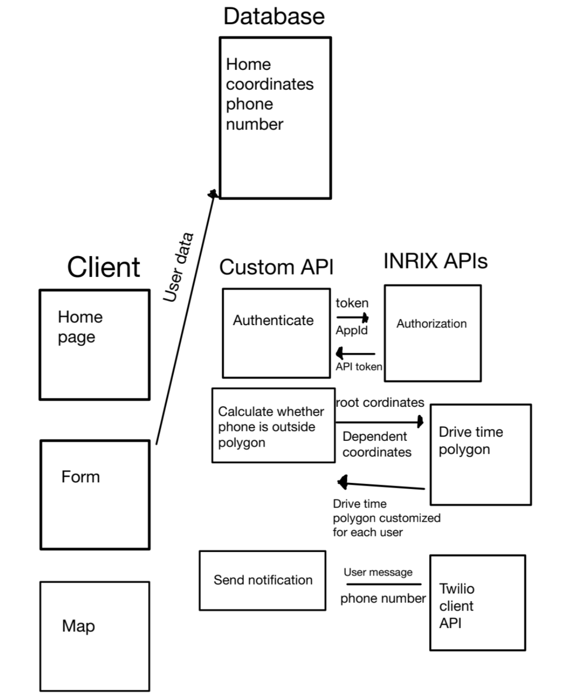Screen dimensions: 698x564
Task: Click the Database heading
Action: pyautogui.click(x=274, y=16)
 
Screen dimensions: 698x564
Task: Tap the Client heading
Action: pyautogui.click(x=103, y=267)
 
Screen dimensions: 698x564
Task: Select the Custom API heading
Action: pyautogui.click(x=276, y=267)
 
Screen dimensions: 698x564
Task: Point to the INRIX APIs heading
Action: pyautogui.click(x=435, y=261)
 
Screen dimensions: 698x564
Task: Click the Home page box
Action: pyautogui.click(x=94, y=345)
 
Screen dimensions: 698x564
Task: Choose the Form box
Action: pyautogui.click(x=95, y=495)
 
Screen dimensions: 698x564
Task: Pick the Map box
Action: pyautogui.click(x=94, y=636)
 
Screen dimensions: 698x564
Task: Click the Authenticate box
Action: pyautogui.click(x=276, y=333)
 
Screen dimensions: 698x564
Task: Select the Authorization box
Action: pyautogui.click(x=433, y=333)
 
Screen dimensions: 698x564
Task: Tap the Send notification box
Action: pyautogui.click(x=263, y=580)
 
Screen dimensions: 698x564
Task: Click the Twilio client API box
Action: pyautogui.click(x=477, y=603)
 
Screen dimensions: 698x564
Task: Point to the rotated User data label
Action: pyautogui.click(x=178, y=267)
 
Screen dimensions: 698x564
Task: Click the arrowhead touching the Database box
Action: pyautogui.click(x=214, y=194)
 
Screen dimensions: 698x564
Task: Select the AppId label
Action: pyautogui.click(x=351, y=330)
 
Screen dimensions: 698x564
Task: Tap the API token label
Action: pyautogui.click(x=359, y=367)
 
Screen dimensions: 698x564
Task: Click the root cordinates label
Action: pyautogui.click(x=380, y=403)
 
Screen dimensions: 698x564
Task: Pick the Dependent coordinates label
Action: pyautogui.click(x=376, y=444)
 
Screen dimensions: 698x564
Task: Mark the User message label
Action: pyautogui.click(x=378, y=572)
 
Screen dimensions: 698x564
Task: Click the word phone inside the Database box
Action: pyautogui.click(x=249, y=104)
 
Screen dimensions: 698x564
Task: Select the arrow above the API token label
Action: pyautogui.click(x=355, y=353)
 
